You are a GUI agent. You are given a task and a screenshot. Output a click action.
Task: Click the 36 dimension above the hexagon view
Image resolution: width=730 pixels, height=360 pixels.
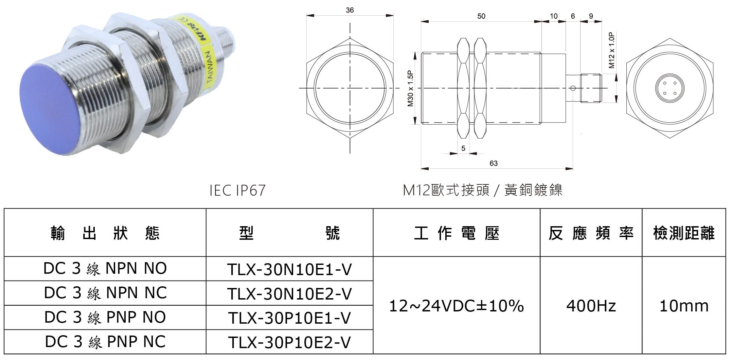click(x=350, y=10)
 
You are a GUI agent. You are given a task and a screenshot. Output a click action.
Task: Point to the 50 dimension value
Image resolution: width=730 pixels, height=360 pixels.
click(x=481, y=16)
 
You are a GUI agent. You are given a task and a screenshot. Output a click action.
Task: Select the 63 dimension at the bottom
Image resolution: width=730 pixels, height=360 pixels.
click(x=493, y=163)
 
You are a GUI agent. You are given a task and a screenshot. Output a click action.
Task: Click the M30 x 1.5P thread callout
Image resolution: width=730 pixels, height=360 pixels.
click(x=410, y=89)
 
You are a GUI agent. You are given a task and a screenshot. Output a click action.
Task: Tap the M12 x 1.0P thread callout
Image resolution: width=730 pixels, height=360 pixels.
click(x=612, y=50)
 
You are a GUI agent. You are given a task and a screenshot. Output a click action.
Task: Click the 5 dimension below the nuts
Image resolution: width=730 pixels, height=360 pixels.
click(x=463, y=148)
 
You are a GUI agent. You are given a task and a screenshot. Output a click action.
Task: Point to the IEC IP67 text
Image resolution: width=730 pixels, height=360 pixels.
click(x=237, y=190)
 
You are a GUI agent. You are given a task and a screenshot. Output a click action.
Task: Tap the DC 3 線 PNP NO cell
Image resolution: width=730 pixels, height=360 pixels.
click(x=105, y=318)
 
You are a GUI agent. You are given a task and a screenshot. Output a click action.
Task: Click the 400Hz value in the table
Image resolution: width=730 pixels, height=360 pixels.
click(x=591, y=306)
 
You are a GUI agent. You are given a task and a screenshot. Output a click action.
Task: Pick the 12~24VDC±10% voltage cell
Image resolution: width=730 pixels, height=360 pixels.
click(x=456, y=306)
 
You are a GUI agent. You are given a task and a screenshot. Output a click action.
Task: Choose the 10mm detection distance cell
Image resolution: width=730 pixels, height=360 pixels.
click(x=684, y=306)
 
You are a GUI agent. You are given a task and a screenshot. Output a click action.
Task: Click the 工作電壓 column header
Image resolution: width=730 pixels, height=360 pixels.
click(x=456, y=233)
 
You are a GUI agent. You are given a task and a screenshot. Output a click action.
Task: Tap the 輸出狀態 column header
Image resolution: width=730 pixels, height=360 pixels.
click(x=105, y=233)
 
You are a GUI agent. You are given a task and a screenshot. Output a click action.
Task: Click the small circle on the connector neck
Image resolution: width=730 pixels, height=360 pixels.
click(x=573, y=88)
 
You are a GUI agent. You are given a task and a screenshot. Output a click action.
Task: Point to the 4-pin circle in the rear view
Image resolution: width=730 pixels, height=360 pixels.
click(x=669, y=88)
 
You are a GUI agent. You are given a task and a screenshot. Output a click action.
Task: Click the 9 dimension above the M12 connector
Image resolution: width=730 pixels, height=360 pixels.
click(x=591, y=16)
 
